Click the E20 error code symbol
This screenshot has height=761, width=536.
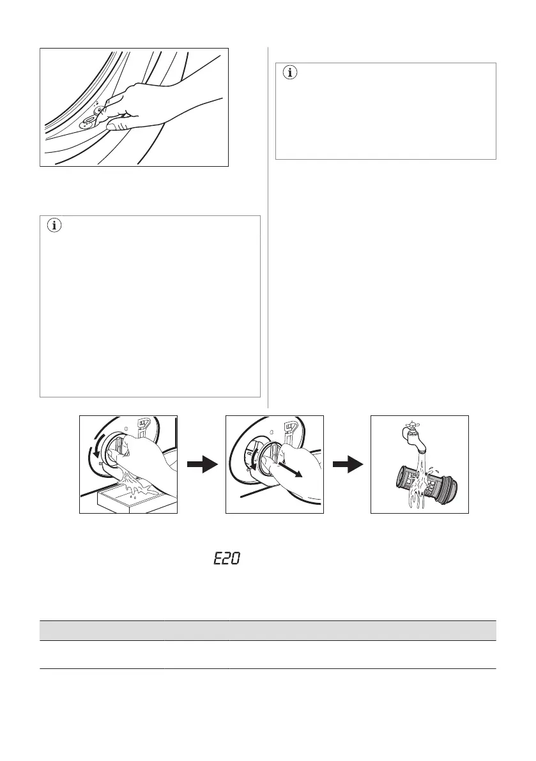click(x=226, y=559)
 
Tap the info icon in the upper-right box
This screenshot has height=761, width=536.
click(x=291, y=73)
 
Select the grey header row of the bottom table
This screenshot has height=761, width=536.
click(x=268, y=630)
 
